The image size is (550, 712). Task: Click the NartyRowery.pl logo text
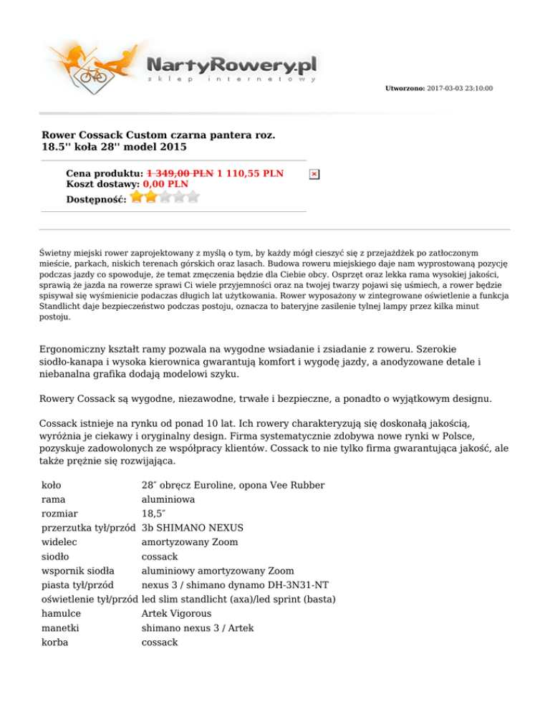point(231,64)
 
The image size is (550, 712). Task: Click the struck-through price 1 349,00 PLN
point(180,173)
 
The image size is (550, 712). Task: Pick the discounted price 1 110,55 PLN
point(250,173)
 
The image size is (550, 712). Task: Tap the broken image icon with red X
point(314,174)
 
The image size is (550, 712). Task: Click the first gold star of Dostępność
point(137,196)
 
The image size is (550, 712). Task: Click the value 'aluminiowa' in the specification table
point(168,499)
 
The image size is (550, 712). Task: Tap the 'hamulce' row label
point(61,614)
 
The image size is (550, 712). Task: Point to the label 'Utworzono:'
point(405,89)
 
